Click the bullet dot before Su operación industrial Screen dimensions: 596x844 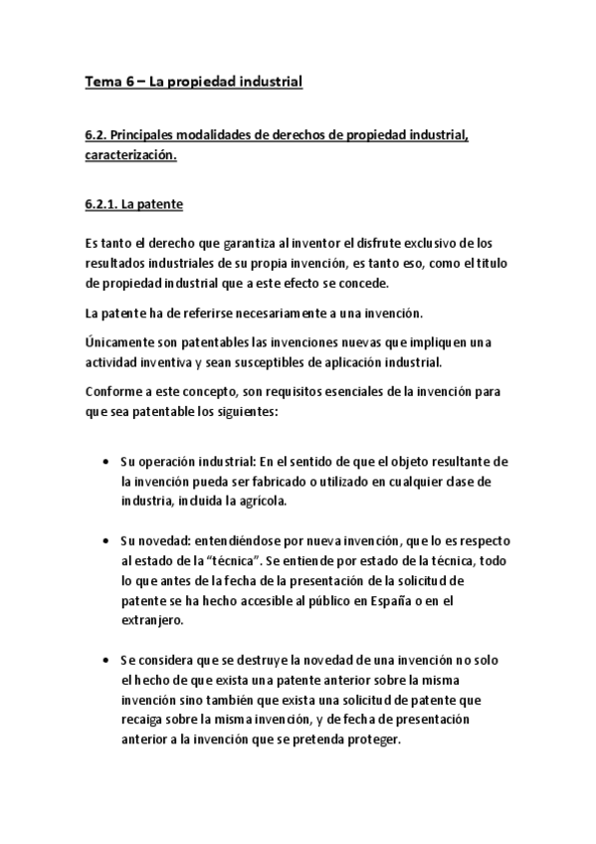click(106, 464)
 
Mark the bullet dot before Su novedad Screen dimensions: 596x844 click(106, 540)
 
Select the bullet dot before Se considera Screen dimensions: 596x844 click(106, 661)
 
